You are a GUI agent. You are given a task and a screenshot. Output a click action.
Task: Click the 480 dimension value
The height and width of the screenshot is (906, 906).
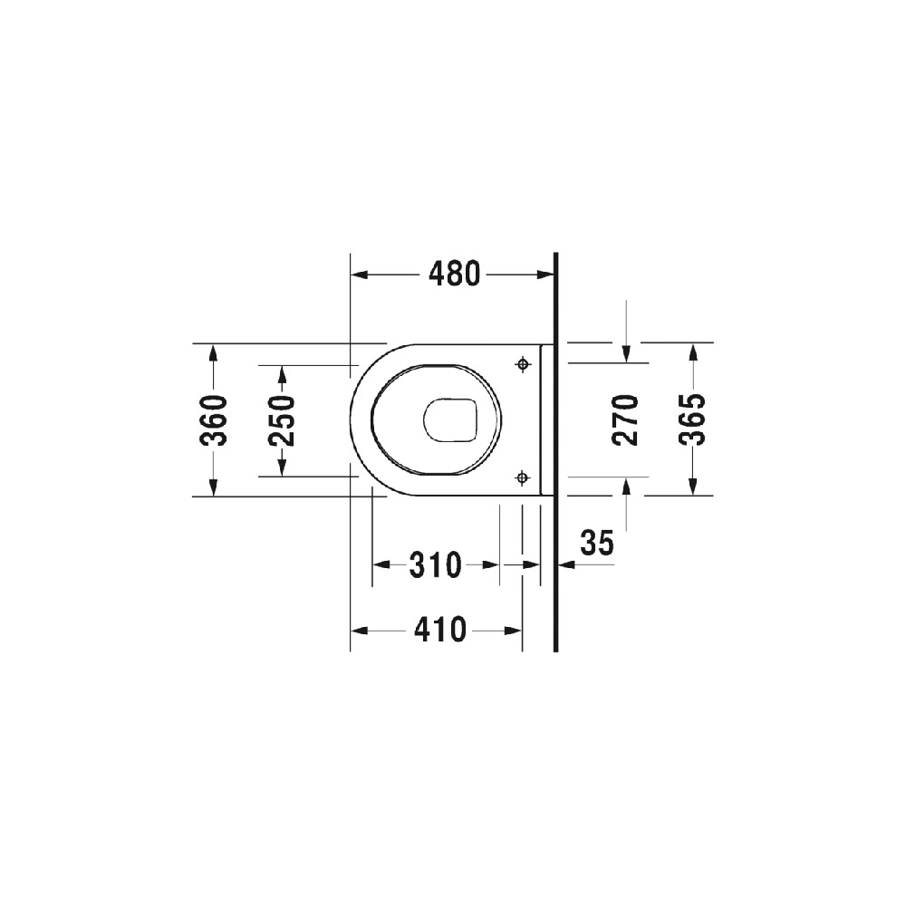[x=454, y=274]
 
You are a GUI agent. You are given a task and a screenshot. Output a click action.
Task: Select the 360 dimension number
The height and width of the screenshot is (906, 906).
[x=213, y=420]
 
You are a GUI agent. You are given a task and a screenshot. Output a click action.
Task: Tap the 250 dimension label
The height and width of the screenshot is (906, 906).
[x=283, y=420]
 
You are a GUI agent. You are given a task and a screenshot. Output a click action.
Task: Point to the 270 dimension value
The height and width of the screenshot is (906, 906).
[x=626, y=420]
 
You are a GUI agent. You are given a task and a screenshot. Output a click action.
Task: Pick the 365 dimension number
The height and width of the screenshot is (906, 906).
[x=693, y=420]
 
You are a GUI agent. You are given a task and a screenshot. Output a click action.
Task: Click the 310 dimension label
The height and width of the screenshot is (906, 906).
[x=436, y=564]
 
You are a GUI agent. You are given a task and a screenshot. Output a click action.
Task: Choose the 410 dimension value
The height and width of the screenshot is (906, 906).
[x=439, y=630]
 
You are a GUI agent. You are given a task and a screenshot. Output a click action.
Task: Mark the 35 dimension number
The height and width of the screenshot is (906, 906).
[x=597, y=543]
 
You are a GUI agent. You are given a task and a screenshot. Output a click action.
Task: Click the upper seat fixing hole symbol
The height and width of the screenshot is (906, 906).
[x=523, y=364]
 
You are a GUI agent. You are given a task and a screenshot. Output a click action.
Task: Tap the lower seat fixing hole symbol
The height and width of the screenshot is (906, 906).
[x=523, y=477]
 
